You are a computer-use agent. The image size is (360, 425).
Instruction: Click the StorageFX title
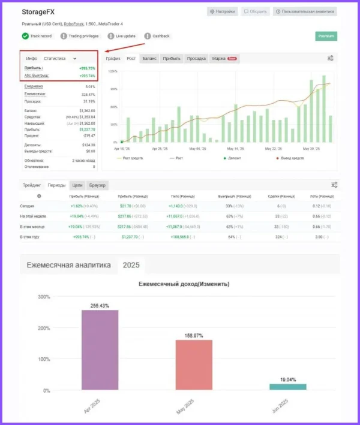tap(38, 12)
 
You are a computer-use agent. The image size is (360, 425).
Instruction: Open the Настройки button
tap(223, 11)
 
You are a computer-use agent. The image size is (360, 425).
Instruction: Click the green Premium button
tap(326, 36)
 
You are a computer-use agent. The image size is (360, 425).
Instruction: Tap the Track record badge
tap(37, 36)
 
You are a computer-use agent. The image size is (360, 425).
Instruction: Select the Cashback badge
tap(157, 36)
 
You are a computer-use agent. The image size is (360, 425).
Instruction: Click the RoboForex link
tap(74, 24)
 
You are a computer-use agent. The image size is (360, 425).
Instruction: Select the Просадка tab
tap(196, 58)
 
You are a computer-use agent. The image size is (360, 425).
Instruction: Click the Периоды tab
tap(57, 185)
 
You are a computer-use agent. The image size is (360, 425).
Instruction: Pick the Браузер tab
tap(97, 185)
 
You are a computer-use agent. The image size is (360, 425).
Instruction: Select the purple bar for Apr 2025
tap(100, 350)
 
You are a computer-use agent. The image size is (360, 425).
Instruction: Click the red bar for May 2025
tap(194, 365)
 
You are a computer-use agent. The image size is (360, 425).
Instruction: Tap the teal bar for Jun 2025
tap(287, 387)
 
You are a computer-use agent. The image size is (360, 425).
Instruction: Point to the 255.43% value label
tap(100, 305)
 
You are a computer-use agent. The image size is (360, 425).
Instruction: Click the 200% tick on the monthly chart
tap(44, 328)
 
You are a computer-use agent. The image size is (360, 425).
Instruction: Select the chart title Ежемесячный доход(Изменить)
tap(184, 284)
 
